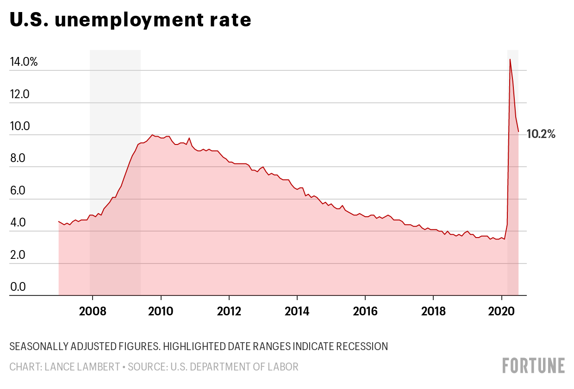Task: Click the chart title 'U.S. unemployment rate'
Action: point(131,20)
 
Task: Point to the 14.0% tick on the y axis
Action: point(24,62)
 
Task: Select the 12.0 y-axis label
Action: point(19,94)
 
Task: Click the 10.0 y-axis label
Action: point(19,126)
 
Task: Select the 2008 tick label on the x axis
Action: point(92,310)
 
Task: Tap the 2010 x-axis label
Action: point(161,310)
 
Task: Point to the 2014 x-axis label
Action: point(297,310)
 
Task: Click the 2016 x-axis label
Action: point(365,310)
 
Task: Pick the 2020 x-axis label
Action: point(502,310)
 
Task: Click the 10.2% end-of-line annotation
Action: point(541,135)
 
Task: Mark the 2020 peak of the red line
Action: point(510,59)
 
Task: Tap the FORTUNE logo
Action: point(534,365)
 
